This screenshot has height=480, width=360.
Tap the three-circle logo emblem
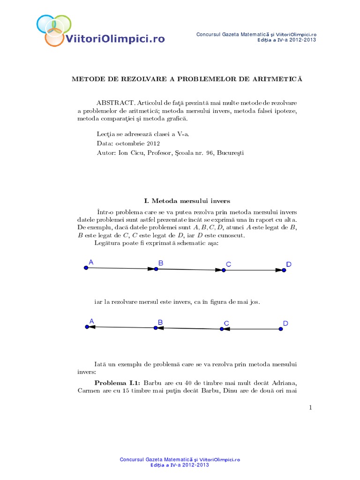[54, 30]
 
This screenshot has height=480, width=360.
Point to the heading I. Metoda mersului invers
[180, 201]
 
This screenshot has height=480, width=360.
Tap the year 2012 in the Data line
[152, 143]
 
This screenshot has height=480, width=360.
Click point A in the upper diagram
[86, 268]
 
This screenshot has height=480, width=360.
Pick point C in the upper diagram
[224, 270]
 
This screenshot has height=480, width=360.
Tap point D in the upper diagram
[284, 270]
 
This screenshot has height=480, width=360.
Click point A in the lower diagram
[87, 327]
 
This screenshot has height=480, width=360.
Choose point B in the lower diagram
[156, 328]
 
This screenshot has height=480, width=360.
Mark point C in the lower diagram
[222, 329]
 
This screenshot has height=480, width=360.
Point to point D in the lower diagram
[281, 329]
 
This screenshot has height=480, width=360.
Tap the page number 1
[310, 408]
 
